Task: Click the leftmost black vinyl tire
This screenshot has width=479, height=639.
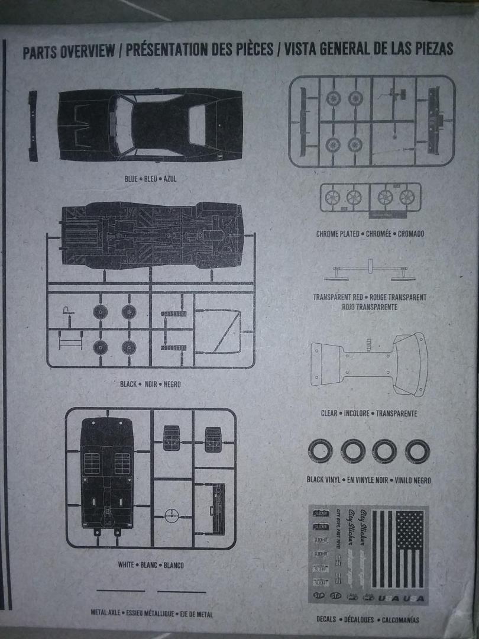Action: pyautogui.click(x=321, y=452)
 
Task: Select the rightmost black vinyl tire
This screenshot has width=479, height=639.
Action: pyautogui.click(x=416, y=452)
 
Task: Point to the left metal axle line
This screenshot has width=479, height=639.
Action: pyautogui.click(x=121, y=590)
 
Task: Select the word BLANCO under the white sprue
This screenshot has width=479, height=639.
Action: pyautogui.click(x=173, y=564)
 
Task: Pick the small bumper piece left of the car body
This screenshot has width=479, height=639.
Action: pyautogui.click(x=33, y=125)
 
